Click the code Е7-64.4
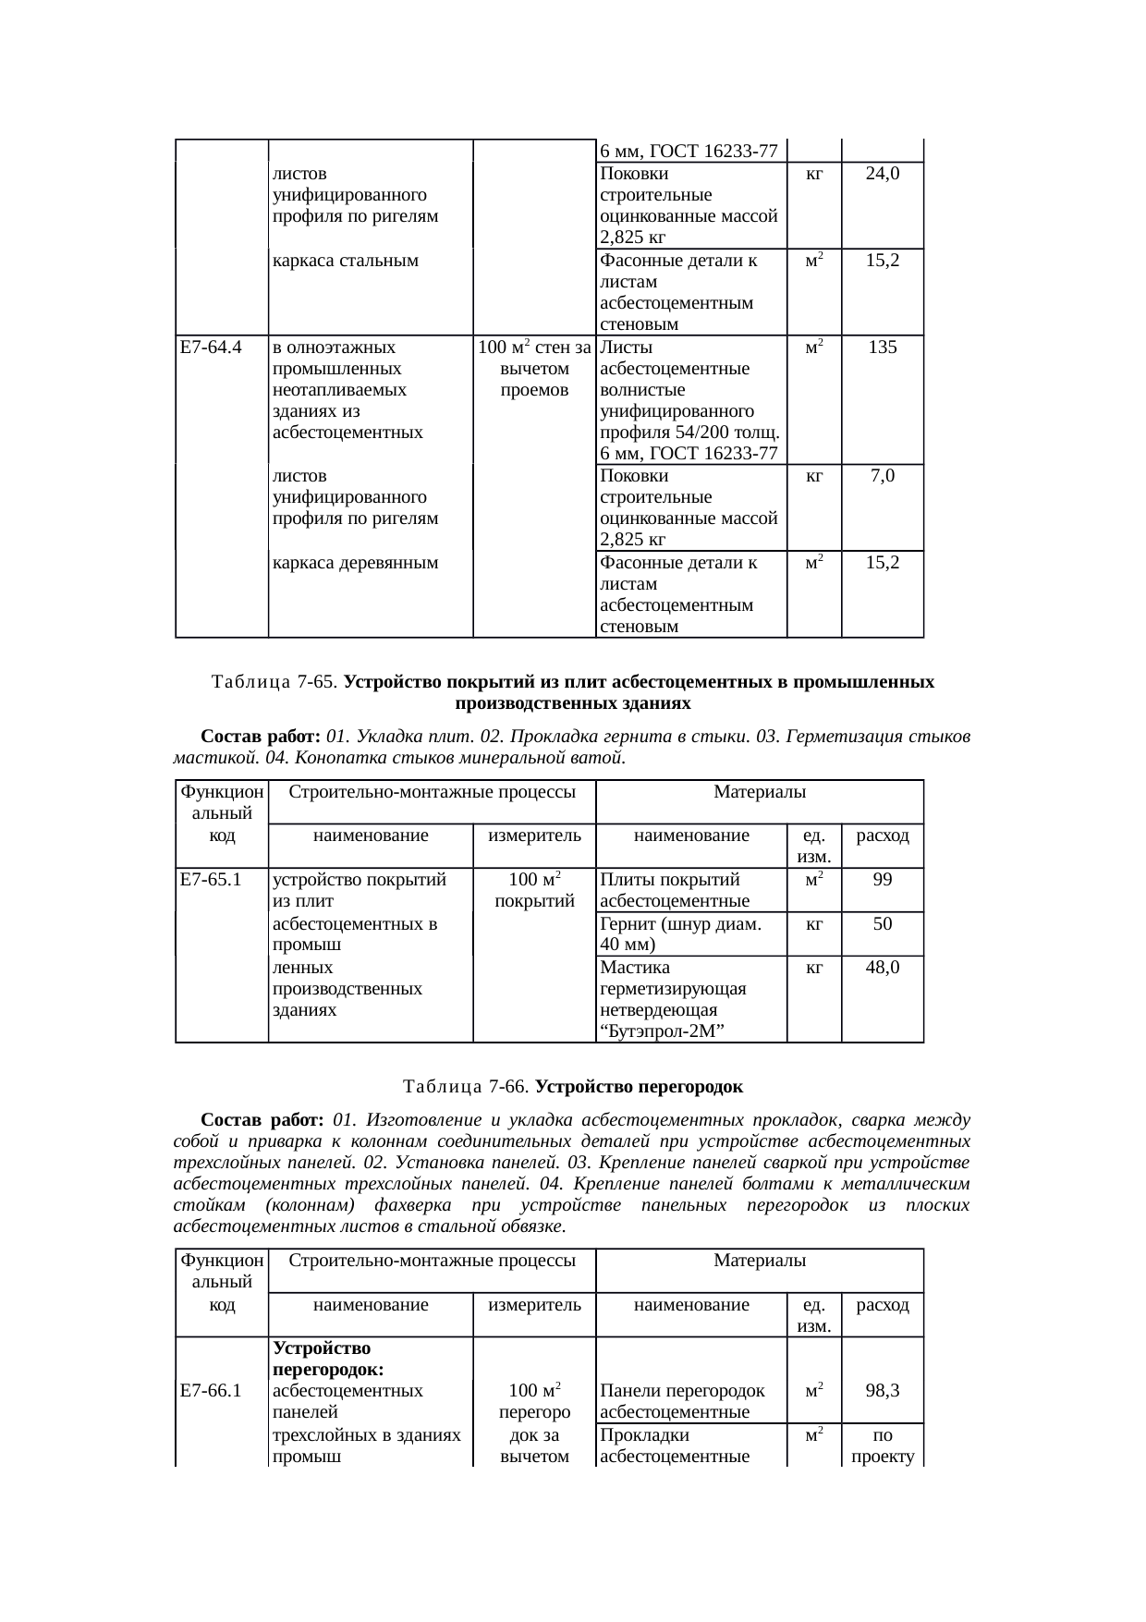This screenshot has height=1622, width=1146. pos(211,348)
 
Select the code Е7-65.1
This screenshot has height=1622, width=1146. pos(211,879)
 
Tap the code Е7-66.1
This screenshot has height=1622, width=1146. pos(211,1390)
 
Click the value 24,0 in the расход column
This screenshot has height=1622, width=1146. pos(883,173)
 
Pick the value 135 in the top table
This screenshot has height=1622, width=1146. pos(883,348)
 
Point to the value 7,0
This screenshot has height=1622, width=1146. pos(883,477)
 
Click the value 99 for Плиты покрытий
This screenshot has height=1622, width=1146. pos(883,879)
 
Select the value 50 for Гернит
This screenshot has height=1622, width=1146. pos(883,923)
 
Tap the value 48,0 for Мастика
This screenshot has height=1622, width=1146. pos(883,967)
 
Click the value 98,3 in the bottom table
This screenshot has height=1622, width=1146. pos(883,1390)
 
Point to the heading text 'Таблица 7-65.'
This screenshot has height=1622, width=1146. pos(275,682)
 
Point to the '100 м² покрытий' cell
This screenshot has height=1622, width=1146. pos(534,889)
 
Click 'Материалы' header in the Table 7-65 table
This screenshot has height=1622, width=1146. pos(760,792)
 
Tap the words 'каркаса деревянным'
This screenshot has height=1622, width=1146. pos(355,562)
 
